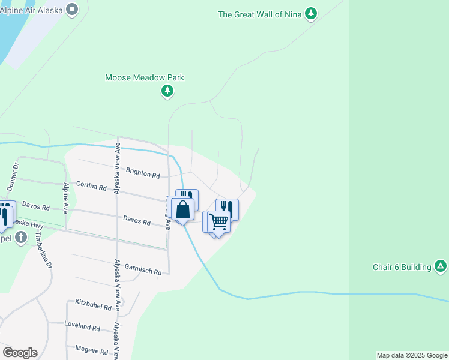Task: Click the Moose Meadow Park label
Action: (x=144, y=78)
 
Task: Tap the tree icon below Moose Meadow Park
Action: (x=167, y=91)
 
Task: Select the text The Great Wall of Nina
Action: (x=261, y=14)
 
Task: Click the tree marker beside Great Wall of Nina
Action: (x=310, y=13)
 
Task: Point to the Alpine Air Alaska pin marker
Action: (x=73, y=10)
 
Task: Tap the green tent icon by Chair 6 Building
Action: (x=441, y=266)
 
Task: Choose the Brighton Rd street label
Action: (x=143, y=173)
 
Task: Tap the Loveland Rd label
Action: (x=83, y=327)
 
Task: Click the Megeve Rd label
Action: (x=91, y=349)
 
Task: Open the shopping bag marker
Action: (x=183, y=210)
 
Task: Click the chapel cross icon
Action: (x=20, y=238)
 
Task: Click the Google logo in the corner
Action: (x=20, y=352)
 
